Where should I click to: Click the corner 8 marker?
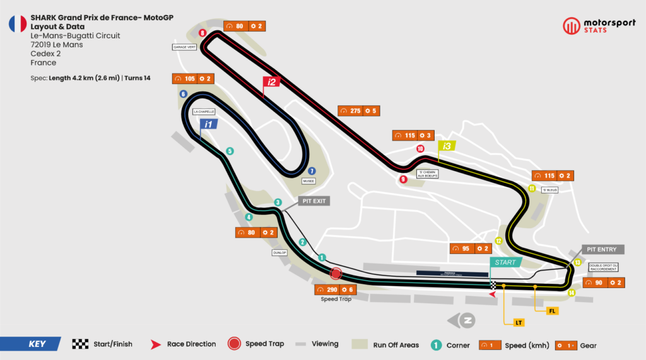202,33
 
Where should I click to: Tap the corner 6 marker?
183,94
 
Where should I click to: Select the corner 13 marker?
577,262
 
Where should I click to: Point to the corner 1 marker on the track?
322,257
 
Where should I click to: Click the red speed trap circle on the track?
336,274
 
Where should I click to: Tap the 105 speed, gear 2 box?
193,79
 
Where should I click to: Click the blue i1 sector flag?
208,124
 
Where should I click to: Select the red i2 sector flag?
271,81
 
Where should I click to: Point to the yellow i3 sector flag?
447,146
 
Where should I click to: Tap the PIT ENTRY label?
602,250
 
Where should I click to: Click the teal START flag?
505,262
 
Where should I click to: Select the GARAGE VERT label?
181,47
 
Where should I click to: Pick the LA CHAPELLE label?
204,112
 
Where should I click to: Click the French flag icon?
17,24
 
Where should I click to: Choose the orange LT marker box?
519,323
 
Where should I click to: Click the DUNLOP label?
279,252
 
